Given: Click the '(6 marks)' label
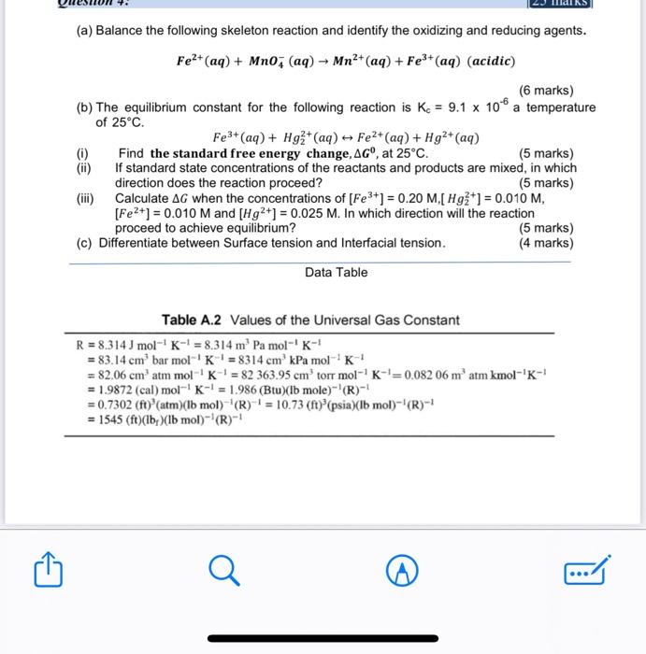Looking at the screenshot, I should (x=546, y=91).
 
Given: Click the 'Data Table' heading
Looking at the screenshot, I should (x=336, y=273).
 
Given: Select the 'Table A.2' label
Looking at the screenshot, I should (x=193, y=320).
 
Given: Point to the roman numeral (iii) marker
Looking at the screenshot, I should (x=86, y=198).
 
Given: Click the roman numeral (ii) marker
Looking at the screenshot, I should (x=84, y=168).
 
